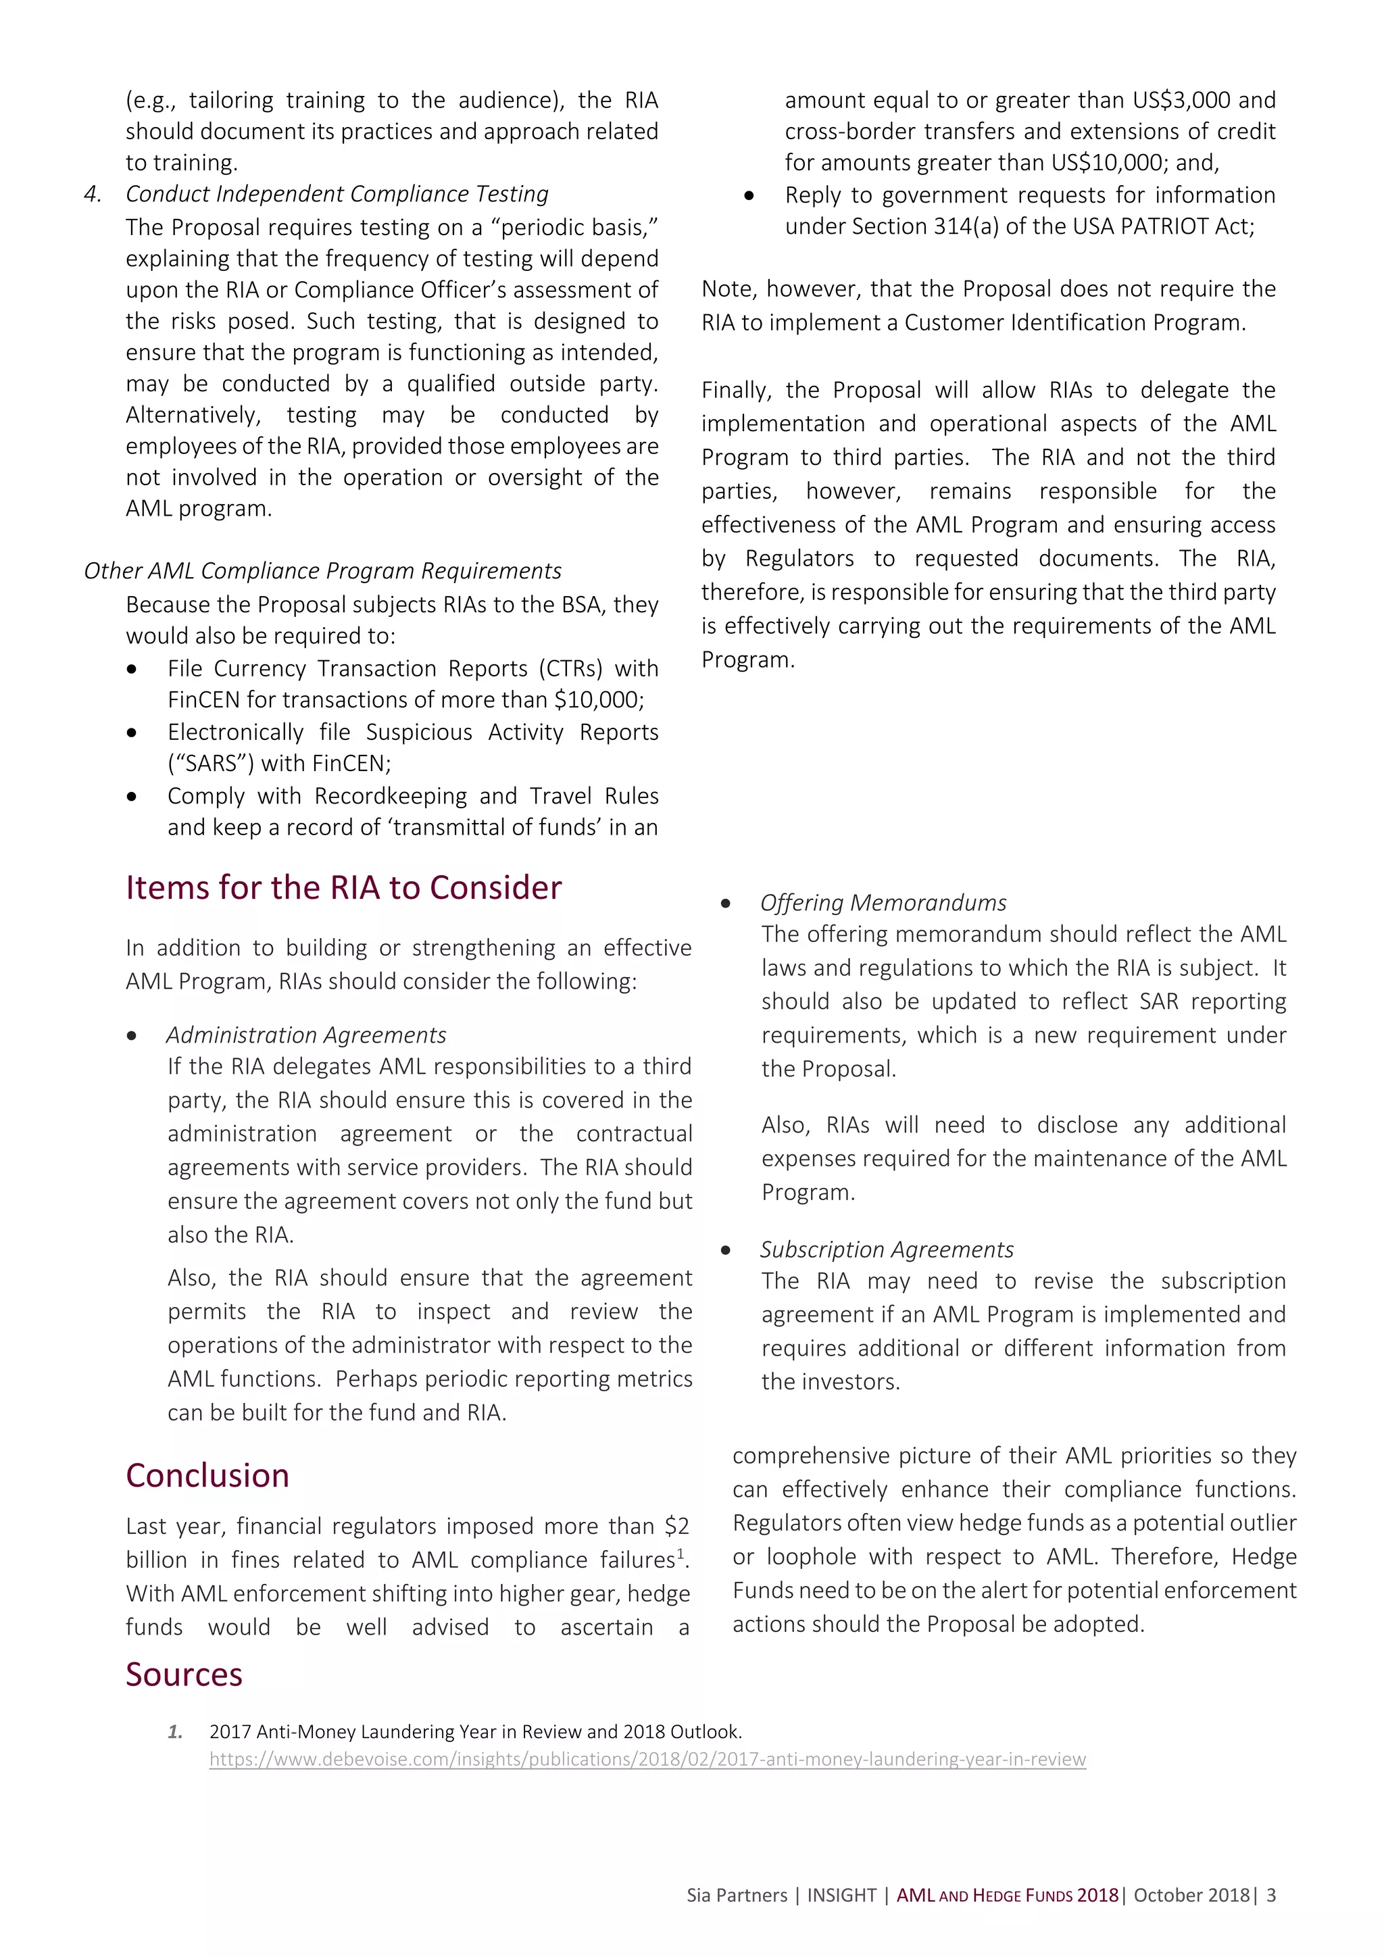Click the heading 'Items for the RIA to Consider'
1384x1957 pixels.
(x=343, y=888)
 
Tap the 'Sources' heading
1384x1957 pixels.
(x=184, y=1675)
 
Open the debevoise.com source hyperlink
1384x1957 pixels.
(x=647, y=1759)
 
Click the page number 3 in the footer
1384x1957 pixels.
(x=1272, y=1896)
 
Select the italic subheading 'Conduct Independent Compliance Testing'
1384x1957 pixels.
(x=337, y=195)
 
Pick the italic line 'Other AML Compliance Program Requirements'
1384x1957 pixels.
(x=322, y=571)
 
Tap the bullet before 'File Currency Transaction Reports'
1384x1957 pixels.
(x=131, y=670)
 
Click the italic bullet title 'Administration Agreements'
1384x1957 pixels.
(x=306, y=1035)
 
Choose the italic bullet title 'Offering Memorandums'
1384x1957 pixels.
(x=883, y=903)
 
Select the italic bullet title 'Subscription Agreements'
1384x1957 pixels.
(x=887, y=1249)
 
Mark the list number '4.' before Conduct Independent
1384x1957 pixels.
(x=92, y=195)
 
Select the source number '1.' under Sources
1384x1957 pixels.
(x=175, y=1732)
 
